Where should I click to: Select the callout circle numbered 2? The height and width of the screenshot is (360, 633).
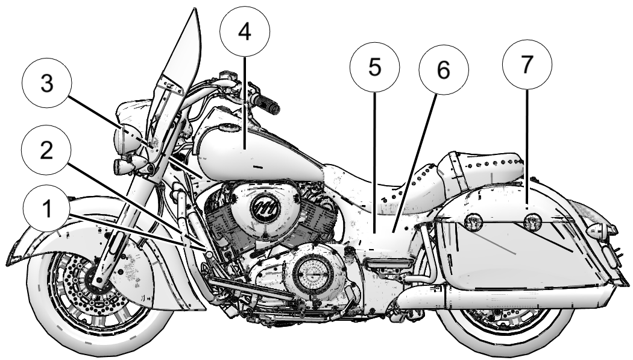point(45,151)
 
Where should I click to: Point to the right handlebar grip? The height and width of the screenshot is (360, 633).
point(265,103)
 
